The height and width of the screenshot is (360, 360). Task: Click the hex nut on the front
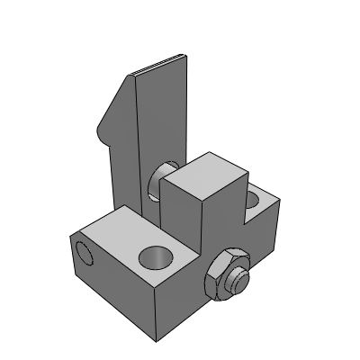click(222, 278)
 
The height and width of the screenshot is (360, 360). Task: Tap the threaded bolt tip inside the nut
click(232, 279)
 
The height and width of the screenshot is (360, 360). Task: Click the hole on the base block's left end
click(82, 254)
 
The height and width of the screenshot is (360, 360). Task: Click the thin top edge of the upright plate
click(160, 66)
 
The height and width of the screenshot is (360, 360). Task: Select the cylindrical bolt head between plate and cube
click(166, 180)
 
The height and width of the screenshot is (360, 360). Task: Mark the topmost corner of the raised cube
click(215, 153)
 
